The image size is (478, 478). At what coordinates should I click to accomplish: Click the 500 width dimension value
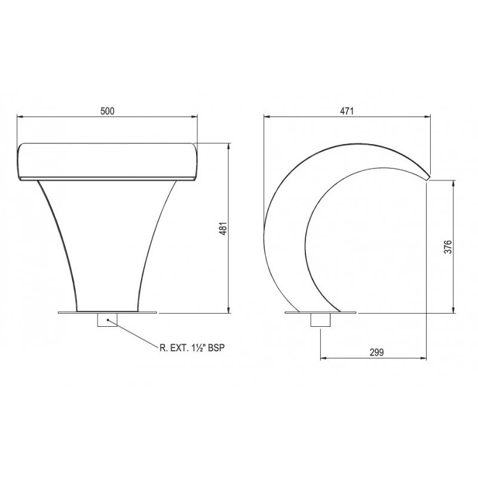(x=108, y=111)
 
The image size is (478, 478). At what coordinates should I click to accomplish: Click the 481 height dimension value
(x=223, y=228)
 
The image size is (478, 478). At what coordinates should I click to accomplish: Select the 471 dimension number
(x=347, y=111)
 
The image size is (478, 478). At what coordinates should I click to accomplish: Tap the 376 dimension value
(x=448, y=247)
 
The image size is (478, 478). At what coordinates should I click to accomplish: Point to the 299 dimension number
(x=377, y=353)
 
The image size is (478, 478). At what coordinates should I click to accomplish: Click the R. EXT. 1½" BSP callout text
(x=192, y=348)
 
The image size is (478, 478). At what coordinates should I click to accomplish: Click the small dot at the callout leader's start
(x=108, y=320)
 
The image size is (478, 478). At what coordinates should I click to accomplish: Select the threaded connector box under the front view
(x=107, y=320)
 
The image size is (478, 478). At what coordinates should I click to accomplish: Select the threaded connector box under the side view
(x=320, y=320)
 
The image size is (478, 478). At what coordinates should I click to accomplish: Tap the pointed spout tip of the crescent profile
(x=429, y=177)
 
